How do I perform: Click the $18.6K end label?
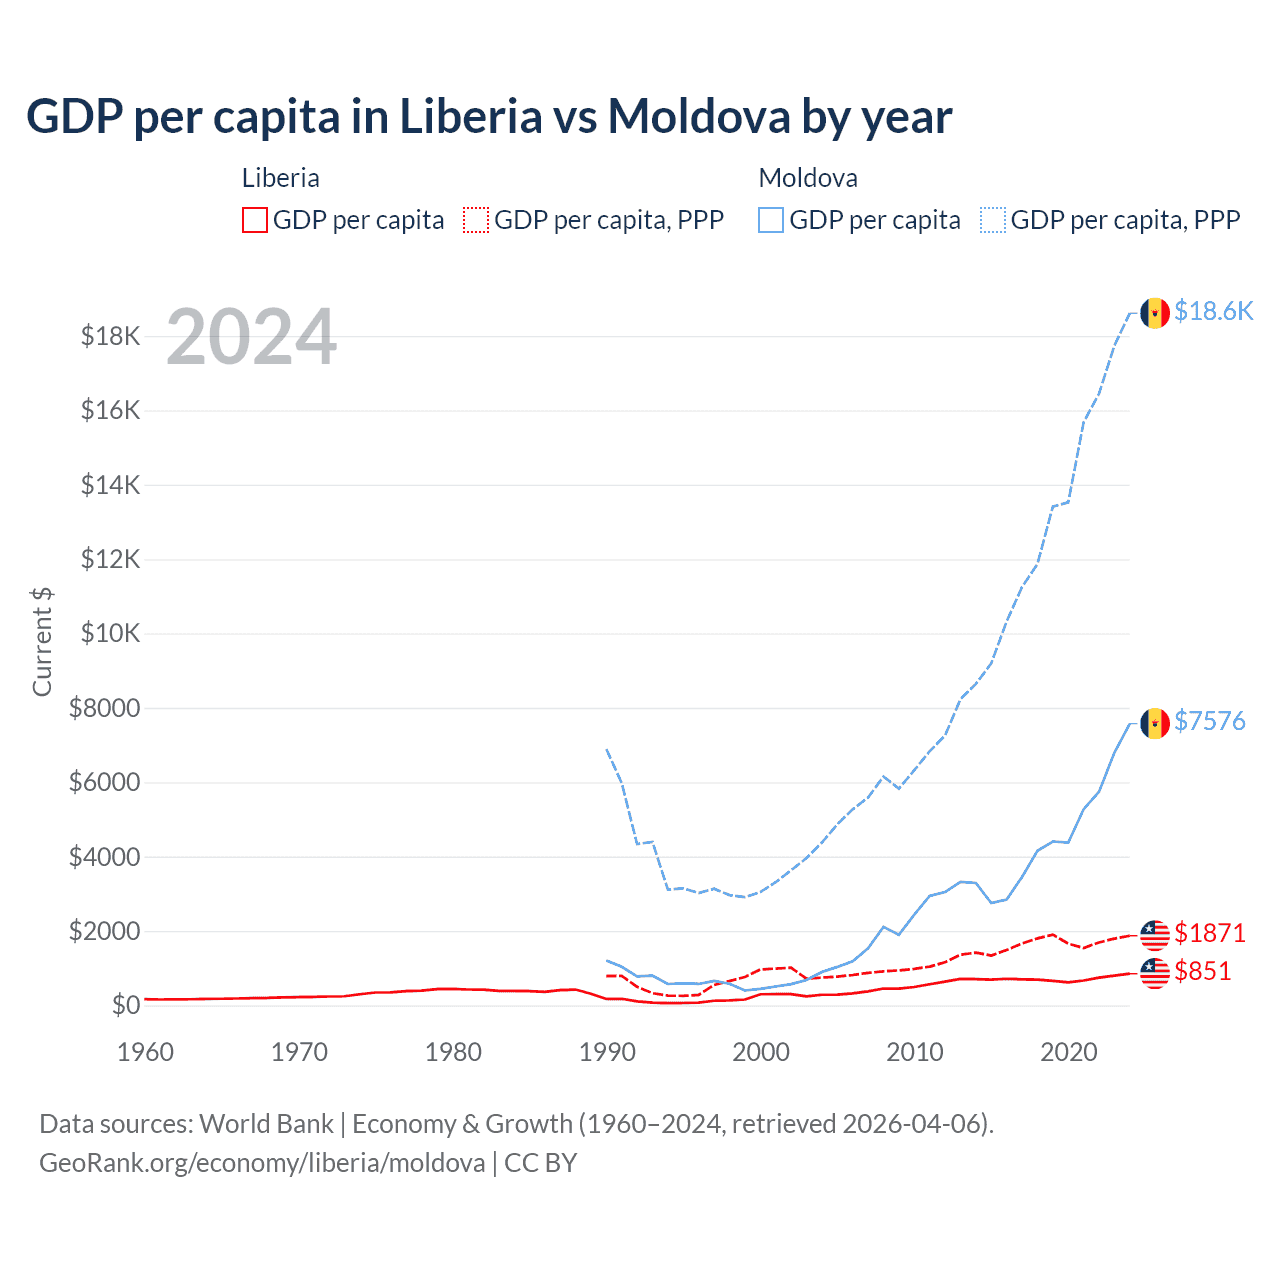point(1213,312)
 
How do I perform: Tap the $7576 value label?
point(1210,722)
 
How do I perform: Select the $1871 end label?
point(1210,934)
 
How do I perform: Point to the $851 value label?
point(1203,972)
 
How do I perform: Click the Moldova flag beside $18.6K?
point(1155,313)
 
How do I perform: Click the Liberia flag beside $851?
point(1155,972)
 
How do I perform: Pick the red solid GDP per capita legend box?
point(255,220)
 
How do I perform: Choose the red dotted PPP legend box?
point(476,220)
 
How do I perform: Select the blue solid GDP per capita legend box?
point(771,220)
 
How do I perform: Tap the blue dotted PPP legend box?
point(993,220)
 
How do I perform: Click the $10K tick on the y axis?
point(110,634)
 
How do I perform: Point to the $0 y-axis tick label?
point(125,1006)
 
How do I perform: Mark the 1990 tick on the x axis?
point(607,1053)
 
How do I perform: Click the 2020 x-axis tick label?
point(1069,1053)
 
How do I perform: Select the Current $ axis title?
point(42,642)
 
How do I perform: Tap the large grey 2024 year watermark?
point(251,338)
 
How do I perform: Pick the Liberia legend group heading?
point(281,179)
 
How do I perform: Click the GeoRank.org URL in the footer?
point(262,1163)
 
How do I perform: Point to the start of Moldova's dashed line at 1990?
point(607,749)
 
